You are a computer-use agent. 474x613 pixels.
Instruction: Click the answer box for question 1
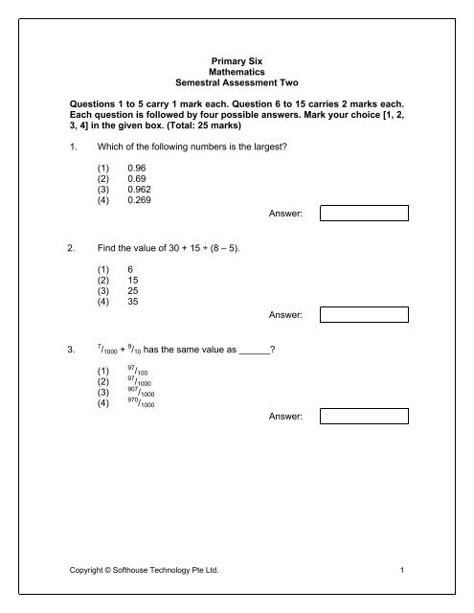tap(364, 213)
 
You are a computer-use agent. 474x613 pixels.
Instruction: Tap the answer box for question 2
tap(364, 314)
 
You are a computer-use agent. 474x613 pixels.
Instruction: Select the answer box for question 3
tap(364, 416)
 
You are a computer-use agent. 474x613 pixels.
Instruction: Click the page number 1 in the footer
tap(406, 572)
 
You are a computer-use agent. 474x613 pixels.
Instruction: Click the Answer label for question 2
tap(285, 314)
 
